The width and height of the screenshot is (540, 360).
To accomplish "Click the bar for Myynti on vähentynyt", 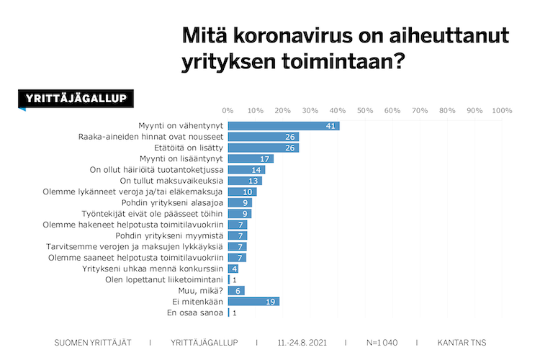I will coord(284,125).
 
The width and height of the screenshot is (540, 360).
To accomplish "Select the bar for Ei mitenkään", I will coord(253,302).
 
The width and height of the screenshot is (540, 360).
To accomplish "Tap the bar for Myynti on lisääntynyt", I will coord(251,158).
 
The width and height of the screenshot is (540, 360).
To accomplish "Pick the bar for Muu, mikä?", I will coord(236,290).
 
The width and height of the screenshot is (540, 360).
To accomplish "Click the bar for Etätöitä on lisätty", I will coord(264,148).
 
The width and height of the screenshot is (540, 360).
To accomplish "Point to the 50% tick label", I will coord(364,111).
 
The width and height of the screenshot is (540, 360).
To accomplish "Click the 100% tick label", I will coord(502,111).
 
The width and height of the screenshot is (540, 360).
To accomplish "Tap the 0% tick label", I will coord(228,111).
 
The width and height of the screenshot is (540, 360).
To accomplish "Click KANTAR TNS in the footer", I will coord(461,342).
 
